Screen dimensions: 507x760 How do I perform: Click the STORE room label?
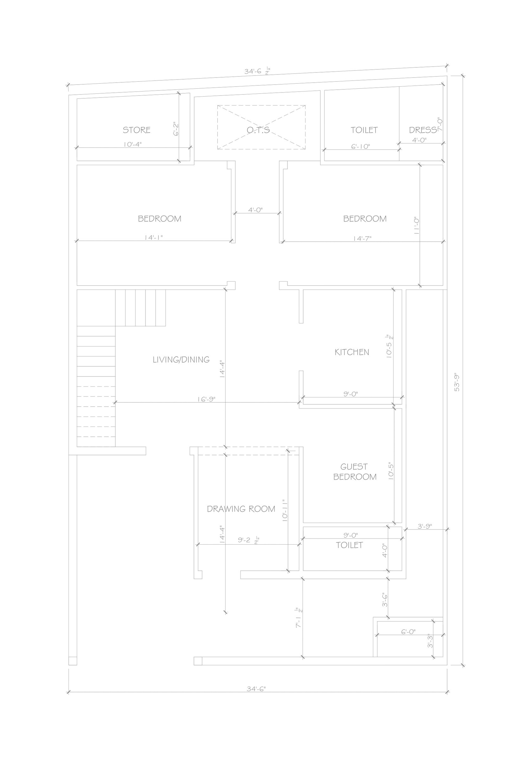[137, 130]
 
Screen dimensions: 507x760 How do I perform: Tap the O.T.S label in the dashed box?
[258, 130]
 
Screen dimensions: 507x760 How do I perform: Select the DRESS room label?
[423, 130]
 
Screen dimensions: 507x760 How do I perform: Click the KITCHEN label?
[352, 352]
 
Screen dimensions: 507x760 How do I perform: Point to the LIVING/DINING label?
[181, 359]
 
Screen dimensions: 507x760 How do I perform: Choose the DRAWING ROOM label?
[241, 509]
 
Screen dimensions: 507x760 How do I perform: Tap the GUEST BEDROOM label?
[355, 472]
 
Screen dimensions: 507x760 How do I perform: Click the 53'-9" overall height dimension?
[457, 383]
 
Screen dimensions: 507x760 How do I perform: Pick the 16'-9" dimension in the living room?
[206, 399]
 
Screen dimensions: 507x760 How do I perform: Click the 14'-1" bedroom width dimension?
[154, 237]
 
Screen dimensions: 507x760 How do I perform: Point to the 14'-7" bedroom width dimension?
[362, 238]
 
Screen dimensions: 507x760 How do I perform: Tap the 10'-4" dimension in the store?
[132, 144]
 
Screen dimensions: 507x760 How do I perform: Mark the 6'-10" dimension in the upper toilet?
[361, 146]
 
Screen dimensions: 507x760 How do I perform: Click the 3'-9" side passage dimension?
[425, 526]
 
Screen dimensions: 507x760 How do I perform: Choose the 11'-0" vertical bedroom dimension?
[416, 225]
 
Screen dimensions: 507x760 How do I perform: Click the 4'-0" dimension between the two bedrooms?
[255, 210]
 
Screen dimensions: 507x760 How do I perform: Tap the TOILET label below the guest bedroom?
[349, 545]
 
